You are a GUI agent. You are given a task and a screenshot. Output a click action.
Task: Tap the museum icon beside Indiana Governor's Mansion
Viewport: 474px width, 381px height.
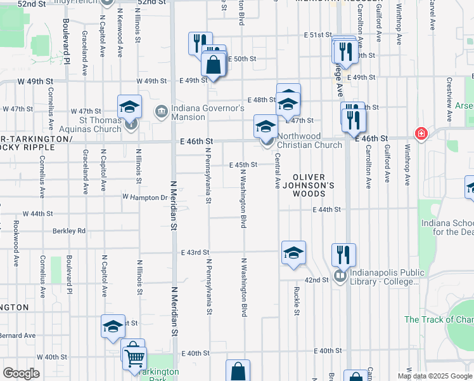coord(162,112)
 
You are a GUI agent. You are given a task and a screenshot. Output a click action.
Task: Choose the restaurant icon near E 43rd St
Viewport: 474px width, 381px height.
coord(343,254)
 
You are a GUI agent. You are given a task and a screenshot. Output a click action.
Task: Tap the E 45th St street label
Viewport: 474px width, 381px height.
coord(243,164)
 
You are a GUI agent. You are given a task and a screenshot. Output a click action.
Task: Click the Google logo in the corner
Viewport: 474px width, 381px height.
coord(22,373)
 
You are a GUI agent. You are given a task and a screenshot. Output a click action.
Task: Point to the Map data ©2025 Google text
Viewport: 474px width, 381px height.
coord(434,376)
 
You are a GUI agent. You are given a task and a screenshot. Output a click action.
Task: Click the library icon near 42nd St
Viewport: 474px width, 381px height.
coord(340,277)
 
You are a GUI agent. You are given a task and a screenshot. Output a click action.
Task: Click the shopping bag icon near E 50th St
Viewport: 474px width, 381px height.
coord(214,64)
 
